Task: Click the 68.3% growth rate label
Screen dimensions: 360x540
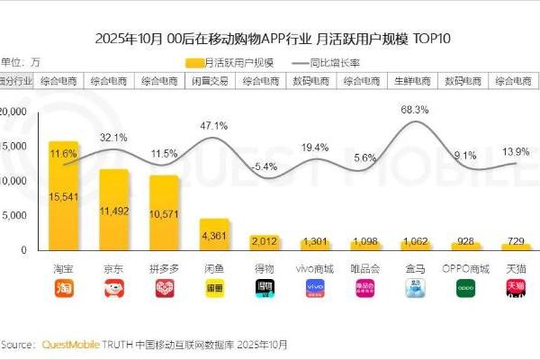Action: (414, 109)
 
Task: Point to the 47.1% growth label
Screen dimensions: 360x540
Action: (213, 125)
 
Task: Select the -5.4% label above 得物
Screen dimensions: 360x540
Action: (265, 166)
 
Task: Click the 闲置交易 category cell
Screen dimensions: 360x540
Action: (213, 80)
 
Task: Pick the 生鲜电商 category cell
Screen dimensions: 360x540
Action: (415, 80)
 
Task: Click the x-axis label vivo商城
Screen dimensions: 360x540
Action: (314, 268)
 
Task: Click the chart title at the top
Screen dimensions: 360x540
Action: (270, 39)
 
